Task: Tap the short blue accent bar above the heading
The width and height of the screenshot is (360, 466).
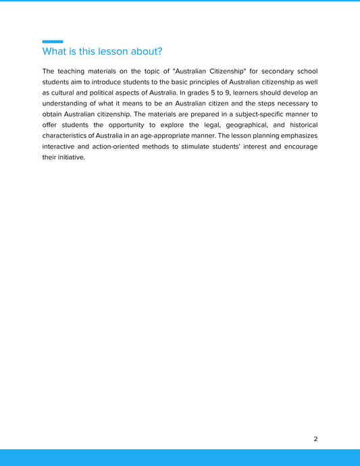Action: (x=53, y=42)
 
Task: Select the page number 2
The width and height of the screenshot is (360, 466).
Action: (x=315, y=439)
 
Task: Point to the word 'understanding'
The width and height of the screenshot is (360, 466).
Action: (x=66, y=103)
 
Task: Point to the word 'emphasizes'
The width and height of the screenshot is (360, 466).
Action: (x=294, y=136)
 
